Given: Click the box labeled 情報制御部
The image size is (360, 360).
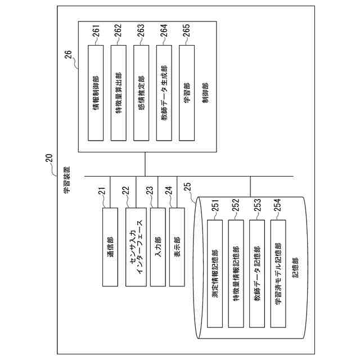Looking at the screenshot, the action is pyautogui.click(x=96, y=93).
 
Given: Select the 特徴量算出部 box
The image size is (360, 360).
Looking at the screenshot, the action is pyautogui.click(x=118, y=93).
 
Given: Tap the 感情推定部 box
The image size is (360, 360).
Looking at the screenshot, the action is pyautogui.click(x=141, y=93).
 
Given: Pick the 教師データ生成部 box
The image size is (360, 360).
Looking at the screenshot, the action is pyautogui.click(x=163, y=93).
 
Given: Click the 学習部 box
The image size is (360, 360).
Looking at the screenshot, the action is pyautogui.click(x=186, y=93).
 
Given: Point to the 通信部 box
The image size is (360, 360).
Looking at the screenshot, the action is pyautogui.click(x=110, y=246).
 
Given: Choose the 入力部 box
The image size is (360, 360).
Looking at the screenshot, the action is pyautogui.click(x=158, y=246).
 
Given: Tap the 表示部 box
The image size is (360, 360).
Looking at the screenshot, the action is pyautogui.click(x=178, y=246).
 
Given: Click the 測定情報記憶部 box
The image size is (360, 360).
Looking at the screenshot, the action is pyautogui.click(x=215, y=273).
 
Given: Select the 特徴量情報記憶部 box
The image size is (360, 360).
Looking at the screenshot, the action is pyautogui.click(x=236, y=273).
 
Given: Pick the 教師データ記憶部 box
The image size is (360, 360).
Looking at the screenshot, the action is pyautogui.click(x=257, y=273).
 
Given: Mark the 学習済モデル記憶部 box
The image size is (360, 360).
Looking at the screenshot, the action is pyautogui.click(x=278, y=273).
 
